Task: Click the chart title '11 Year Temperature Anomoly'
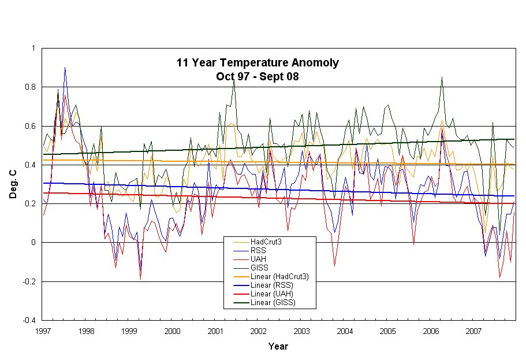click(258, 62)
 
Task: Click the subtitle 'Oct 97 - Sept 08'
click(258, 75)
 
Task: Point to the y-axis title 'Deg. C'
click(13, 184)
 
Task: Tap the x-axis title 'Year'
click(278, 347)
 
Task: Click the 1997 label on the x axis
click(42, 332)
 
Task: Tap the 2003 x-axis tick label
click(302, 332)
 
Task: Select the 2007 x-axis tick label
click(475, 332)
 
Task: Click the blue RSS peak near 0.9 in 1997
click(65, 68)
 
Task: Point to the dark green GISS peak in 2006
click(442, 77)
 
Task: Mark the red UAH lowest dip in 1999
click(140, 279)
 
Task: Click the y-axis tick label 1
click(33, 49)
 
